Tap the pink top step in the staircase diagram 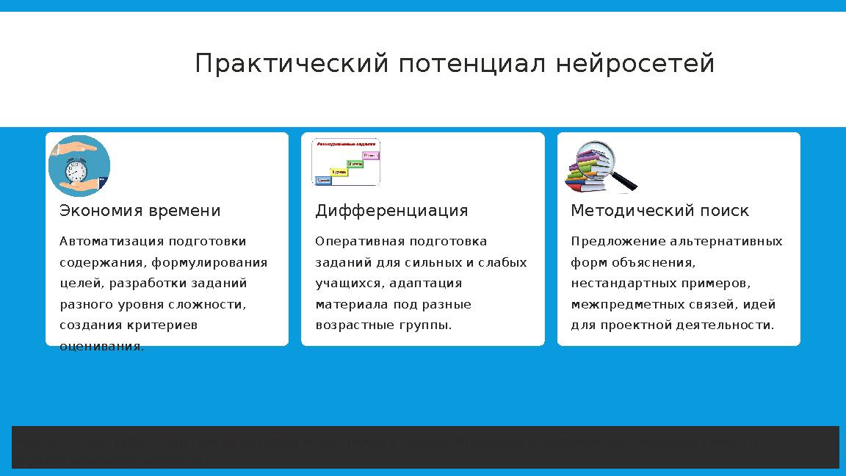[x=371, y=155]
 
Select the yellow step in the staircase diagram [x=339, y=172]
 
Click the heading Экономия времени [x=140, y=211]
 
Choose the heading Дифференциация [x=391, y=211]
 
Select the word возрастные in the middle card [x=350, y=325]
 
